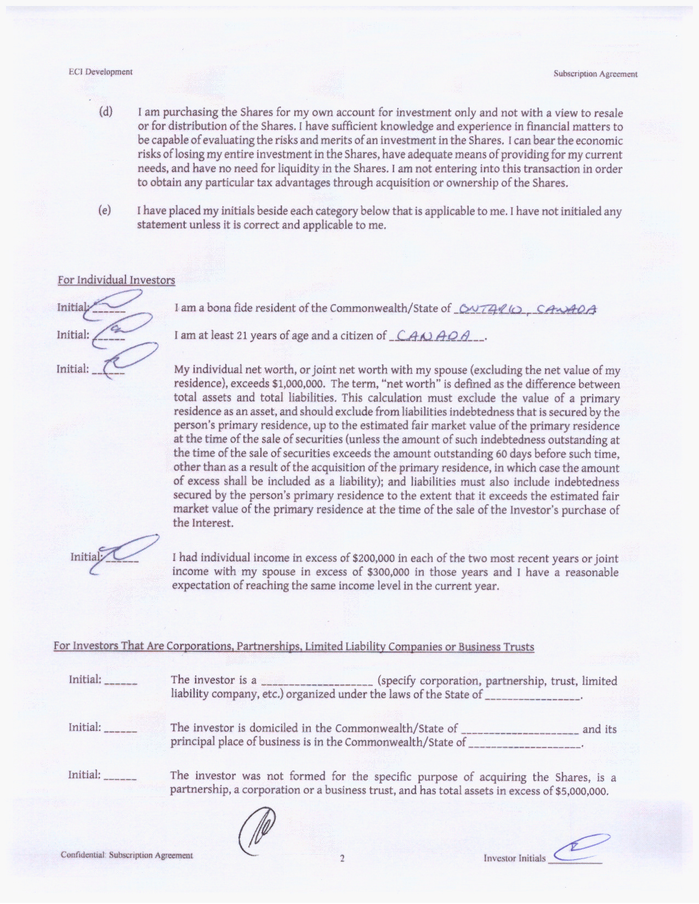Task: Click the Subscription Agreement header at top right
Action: click(595, 74)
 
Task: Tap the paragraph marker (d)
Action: click(105, 112)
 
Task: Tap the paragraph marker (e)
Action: click(105, 210)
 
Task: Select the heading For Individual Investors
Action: click(116, 280)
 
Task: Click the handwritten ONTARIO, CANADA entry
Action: click(527, 309)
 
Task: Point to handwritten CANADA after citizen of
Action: click(436, 335)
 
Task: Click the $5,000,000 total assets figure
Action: click(581, 791)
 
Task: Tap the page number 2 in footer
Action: click(342, 859)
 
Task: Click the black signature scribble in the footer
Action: click(258, 833)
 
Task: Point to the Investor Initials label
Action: click(514, 858)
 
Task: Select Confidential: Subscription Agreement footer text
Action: click(127, 855)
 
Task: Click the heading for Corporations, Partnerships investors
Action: click(293, 646)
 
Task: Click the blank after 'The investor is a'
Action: click(317, 682)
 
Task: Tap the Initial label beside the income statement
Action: click(85, 557)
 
